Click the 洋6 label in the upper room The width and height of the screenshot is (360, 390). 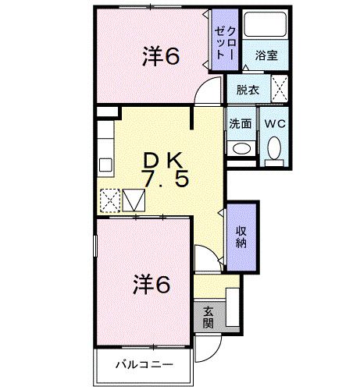pos(161,56)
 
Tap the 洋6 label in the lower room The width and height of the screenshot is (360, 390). pos(151,285)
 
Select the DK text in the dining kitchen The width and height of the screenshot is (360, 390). pos(162,160)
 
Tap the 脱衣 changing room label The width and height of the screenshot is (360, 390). pos(248,89)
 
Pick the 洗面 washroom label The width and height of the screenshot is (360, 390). pos(241,123)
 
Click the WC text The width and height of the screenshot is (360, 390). pos(273,123)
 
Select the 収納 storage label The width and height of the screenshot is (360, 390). pos(241,236)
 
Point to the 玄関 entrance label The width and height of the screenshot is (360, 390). pos(208,316)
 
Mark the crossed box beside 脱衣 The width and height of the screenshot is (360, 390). pos(280,89)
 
